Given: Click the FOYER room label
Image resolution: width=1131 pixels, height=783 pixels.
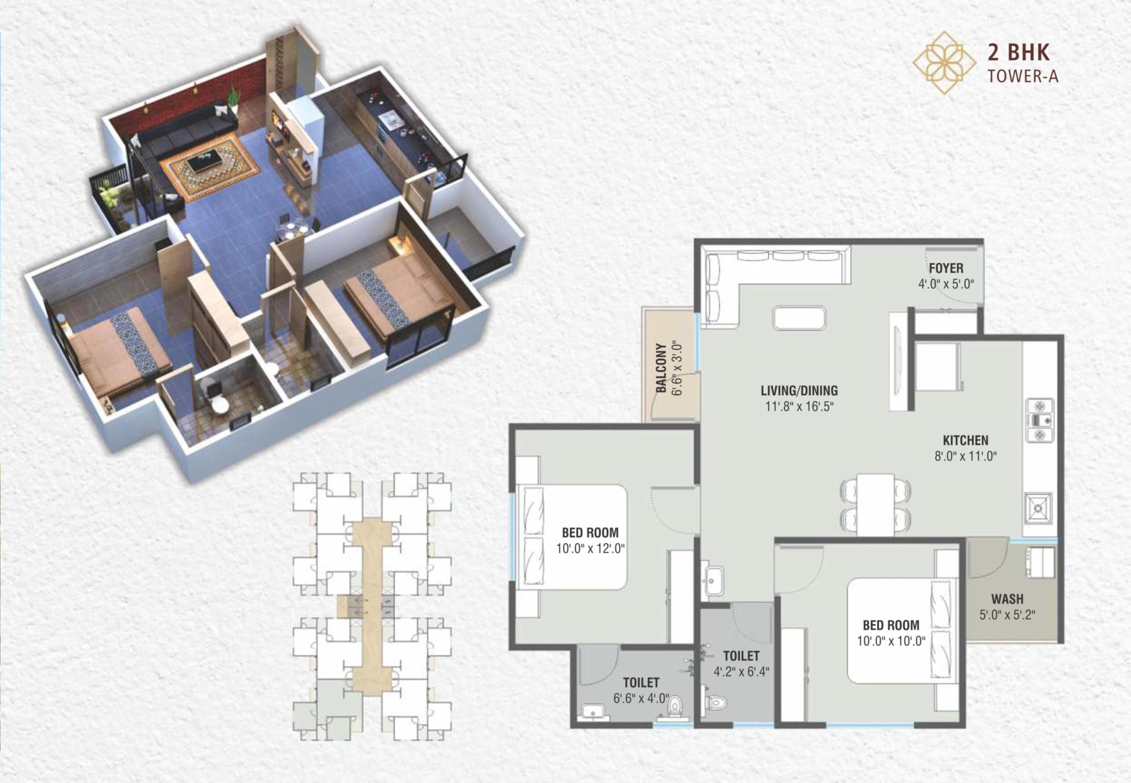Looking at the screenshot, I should point(946,268).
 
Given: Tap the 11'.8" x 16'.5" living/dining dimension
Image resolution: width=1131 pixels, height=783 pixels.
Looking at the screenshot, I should point(800,407).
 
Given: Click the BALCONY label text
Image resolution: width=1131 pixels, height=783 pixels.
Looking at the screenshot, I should point(661,368).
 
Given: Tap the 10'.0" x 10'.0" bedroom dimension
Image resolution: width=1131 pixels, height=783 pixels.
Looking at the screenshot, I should point(891,641).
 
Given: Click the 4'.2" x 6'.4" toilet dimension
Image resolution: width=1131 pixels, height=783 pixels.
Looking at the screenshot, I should point(741,671).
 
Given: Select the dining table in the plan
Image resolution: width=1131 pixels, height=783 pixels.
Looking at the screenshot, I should point(875,504).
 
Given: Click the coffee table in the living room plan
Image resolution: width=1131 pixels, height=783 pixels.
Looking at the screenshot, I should point(799,318).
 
